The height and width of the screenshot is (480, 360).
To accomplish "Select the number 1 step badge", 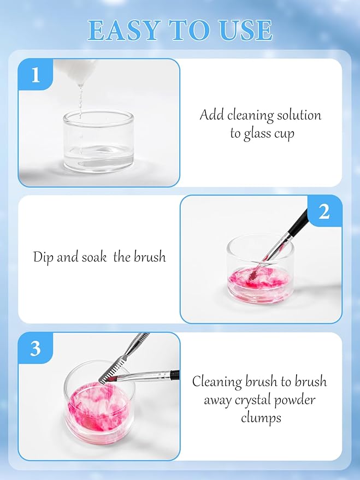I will [x=36, y=75].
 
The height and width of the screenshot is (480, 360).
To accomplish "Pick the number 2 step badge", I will [x=324, y=211].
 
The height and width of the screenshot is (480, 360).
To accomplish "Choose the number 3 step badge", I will [x=36, y=348].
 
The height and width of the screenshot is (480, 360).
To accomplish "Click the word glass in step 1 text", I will [x=255, y=133].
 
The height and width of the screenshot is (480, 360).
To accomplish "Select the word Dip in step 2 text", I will [x=43, y=257].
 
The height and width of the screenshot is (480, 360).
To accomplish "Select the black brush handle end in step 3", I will [x=174, y=375].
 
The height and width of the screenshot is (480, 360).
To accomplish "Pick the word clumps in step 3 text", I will [x=260, y=418].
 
